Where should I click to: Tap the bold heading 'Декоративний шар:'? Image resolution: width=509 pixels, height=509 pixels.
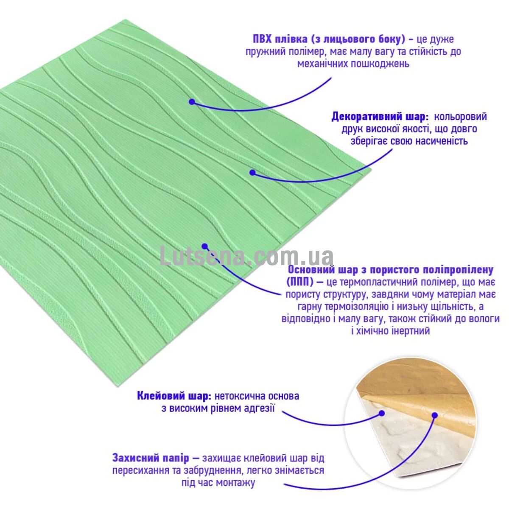point(380,117)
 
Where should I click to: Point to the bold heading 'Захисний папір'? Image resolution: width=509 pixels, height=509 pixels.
point(151,458)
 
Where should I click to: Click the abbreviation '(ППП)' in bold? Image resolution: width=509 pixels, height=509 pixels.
point(299,282)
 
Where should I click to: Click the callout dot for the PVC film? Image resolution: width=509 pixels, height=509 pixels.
point(192,101)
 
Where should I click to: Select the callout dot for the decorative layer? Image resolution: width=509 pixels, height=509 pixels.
point(252,173)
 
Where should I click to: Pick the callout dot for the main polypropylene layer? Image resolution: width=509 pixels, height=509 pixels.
point(204,246)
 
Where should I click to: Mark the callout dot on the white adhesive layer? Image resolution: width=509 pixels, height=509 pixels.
point(382,414)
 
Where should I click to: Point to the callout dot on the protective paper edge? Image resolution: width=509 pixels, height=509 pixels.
point(435,416)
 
